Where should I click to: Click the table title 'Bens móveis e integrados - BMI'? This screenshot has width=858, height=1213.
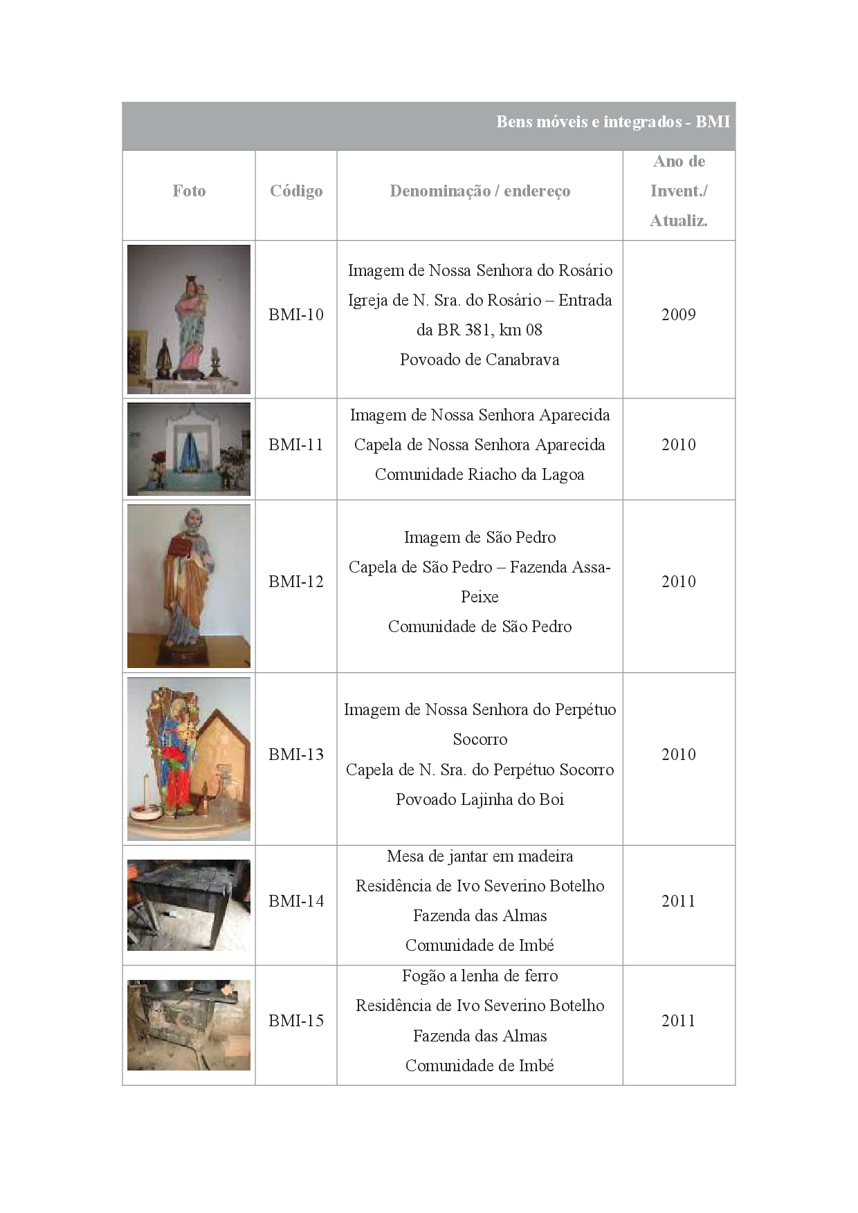pyautogui.click(x=613, y=122)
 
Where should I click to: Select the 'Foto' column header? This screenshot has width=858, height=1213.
pyautogui.click(x=189, y=191)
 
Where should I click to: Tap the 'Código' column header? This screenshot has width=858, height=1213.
pyautogui.click(x=296, y=191)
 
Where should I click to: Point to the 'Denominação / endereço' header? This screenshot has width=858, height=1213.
pyautogui.click(x=480, y=191)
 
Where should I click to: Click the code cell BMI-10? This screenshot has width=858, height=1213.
pyautogui.click(x=296, y=315)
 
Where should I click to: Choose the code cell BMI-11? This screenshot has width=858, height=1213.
pyautogui.click(x=296, y=445)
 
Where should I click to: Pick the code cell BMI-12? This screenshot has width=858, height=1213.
pyautogui.click(x=296, y=582)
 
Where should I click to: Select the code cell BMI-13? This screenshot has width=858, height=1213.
pyautogui.click(x=296, y=754)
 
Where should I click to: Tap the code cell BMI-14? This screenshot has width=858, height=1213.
pyautogui.click(x=296, y=901)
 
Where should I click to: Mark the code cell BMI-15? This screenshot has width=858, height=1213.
pyautogui.click(x=296, y=1021)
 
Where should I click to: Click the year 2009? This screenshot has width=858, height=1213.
pyautogui.click(x=678, y=315)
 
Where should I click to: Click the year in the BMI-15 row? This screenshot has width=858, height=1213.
pyautogui.click(x=678, y=1021)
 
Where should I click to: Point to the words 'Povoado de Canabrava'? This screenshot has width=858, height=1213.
pyautogui.click(x=480, y=360)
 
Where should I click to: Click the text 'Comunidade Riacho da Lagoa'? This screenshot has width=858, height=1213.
pyautogui.click(x=480, y=474)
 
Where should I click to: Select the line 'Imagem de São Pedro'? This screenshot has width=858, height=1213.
pyautogui.click(x=480, y=537)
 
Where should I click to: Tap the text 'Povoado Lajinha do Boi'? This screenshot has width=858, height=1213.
pyautogui.click(x=480, y=799)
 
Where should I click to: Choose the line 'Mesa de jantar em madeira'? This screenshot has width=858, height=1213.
pyautogui.click(x=480, y=856)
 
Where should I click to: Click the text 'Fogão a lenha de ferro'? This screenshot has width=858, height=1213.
pyautogui.click(x=480, y=976)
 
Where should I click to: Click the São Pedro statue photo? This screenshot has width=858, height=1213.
pyautogui.click(x=189, y=586)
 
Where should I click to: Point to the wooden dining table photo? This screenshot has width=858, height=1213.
pyautogui.click(x=189, y=905)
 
